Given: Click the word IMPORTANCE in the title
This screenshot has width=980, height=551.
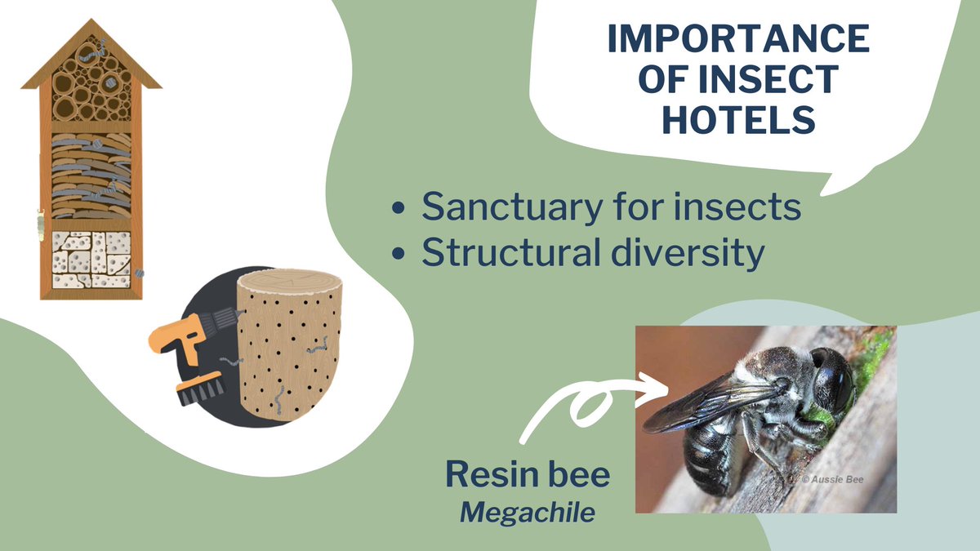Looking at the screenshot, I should (737, 39).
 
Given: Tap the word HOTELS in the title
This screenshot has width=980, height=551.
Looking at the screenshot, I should (737, 120).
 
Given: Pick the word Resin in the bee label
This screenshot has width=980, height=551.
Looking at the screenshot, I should (484, 474).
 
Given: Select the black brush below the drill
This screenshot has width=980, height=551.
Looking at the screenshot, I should (199, 389).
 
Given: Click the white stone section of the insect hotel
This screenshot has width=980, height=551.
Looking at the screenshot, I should (91, 259).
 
